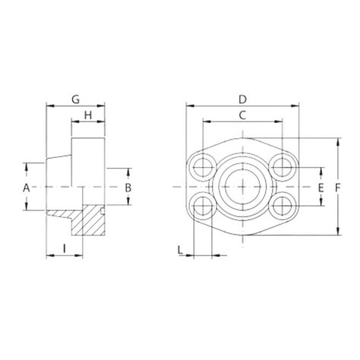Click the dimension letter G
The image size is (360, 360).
pos(75,99)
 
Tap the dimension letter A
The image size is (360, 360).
pos(26,187)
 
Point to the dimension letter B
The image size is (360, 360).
pos(128,187)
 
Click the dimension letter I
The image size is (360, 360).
pos(65,248)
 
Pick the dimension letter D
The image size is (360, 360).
pos(242,99)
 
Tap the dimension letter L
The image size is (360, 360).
pos(179,248)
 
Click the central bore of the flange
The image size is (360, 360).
pos(242,185)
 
